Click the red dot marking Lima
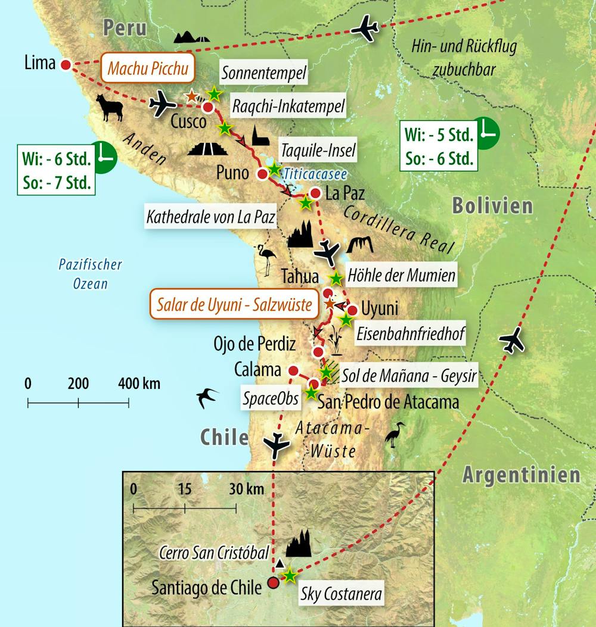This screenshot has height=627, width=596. click(x=66, y=64)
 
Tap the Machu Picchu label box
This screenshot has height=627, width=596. click(x=148, y=69)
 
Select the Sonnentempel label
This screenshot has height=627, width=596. click(x=263, y=74)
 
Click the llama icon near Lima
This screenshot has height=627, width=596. click(x=110, y=109)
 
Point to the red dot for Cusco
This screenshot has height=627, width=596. click(x=208, y=107)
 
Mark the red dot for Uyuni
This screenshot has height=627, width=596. click(x=352, y=310)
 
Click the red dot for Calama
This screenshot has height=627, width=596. click(x=293, y=369)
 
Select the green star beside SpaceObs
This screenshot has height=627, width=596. click(x=311, y=392)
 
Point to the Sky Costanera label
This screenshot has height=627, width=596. click(x=340, y=594)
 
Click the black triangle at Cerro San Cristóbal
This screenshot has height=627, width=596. click(x=279, y=563)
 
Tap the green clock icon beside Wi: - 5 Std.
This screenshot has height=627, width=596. click(x=488, y=130)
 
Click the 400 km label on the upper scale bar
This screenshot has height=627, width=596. click(x=138, y=383)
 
